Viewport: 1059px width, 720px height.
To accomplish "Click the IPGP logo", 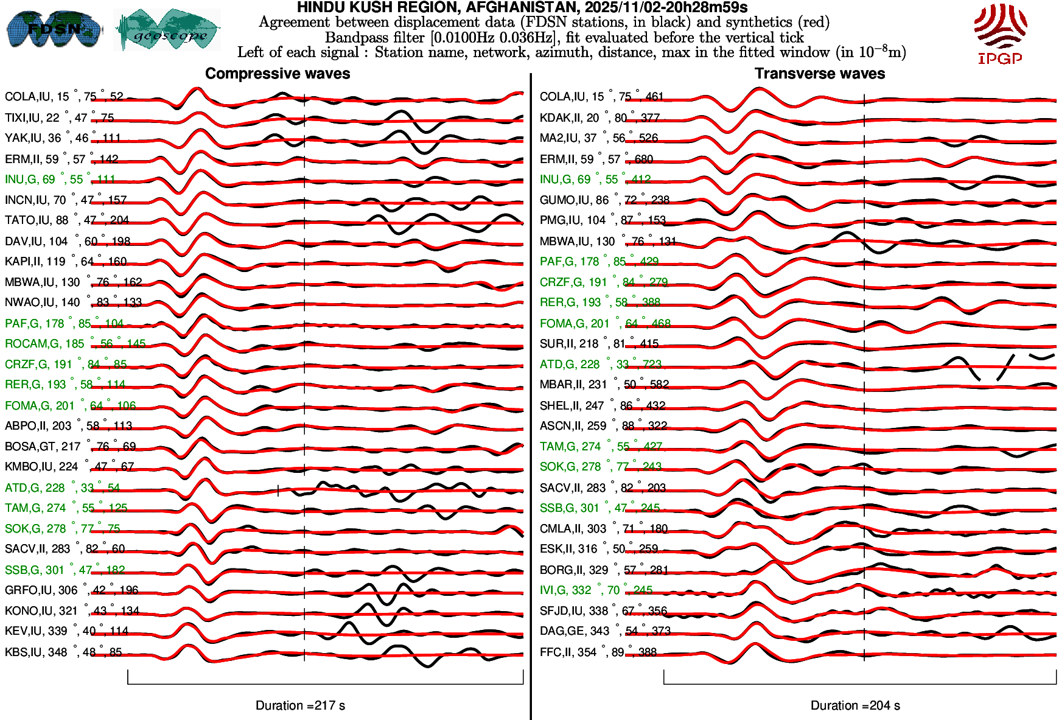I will pyautogui.click(x=1000, y=33).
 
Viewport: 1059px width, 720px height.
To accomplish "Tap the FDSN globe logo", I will pyautogui.click(x=54, y=29).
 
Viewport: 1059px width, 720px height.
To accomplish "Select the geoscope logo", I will pyautogui.click(x=167, y=30).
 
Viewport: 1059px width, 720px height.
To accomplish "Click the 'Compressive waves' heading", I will pyautogui.click(x=278, y=74).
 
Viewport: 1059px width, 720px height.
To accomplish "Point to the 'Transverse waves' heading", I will pyautogui.click(x=819, y=74).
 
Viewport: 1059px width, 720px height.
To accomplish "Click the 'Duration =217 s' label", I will pyautogui.click(x=300, y=705).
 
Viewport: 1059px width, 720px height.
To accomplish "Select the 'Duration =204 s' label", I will pyautogui.click(x=855, y=705).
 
